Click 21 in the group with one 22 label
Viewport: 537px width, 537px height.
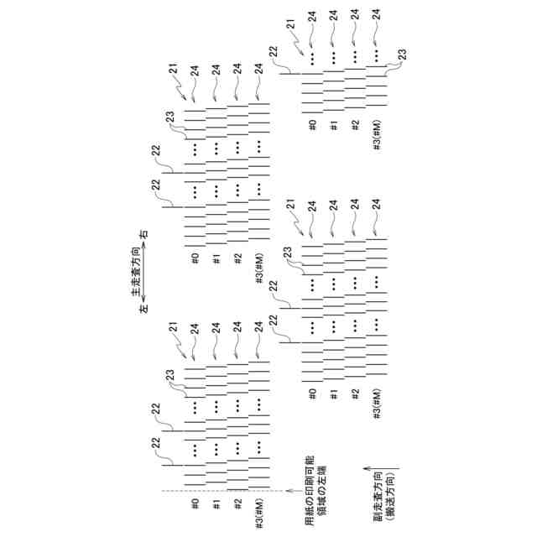click(290, 29)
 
